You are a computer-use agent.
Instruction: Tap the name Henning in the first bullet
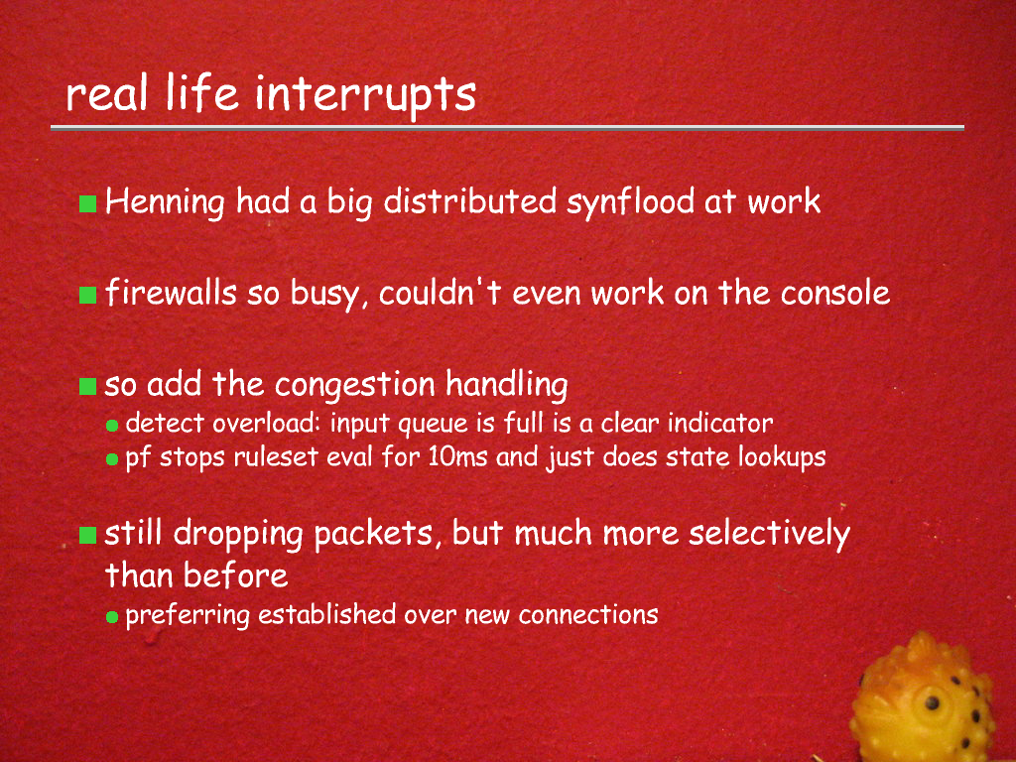[165, 202]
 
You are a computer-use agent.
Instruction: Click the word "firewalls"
[171, 293]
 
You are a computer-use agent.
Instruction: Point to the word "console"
[835, 294]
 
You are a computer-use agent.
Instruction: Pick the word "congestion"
[354, 386]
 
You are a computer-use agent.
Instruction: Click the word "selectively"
[769, 535]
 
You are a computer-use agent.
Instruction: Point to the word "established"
[327, 614]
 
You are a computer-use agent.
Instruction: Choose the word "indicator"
[720, 424]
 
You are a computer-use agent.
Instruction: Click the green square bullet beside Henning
[87, 203]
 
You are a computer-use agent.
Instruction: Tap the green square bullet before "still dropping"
[87, 535]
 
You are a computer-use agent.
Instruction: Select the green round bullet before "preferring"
[112, 617]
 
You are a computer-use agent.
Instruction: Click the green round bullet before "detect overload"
[112, 426]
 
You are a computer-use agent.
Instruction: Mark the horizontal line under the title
[507, 128]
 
